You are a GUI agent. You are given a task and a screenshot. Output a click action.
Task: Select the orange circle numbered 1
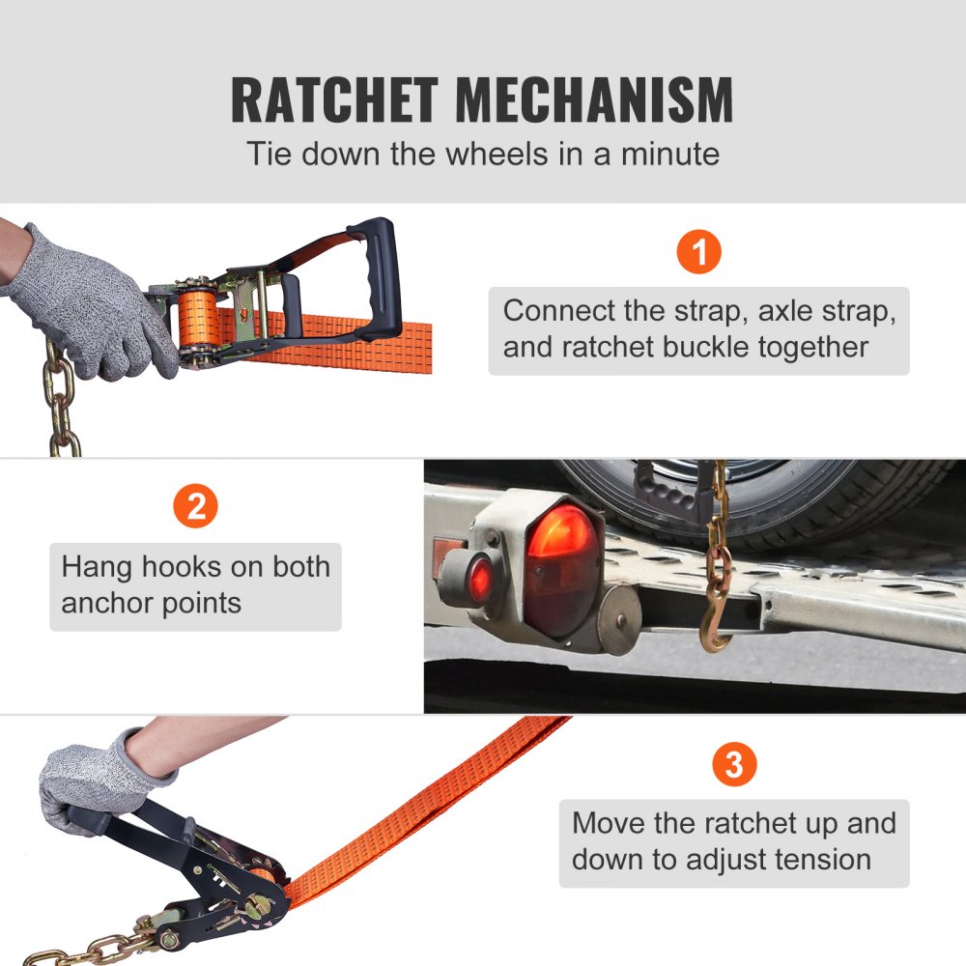tap(698, 253)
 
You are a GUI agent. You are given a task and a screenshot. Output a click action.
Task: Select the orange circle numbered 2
tap(195, 507)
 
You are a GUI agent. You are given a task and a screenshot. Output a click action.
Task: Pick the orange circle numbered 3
tap(733, 765)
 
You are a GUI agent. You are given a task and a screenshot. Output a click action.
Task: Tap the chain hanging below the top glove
tap(60, 401)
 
